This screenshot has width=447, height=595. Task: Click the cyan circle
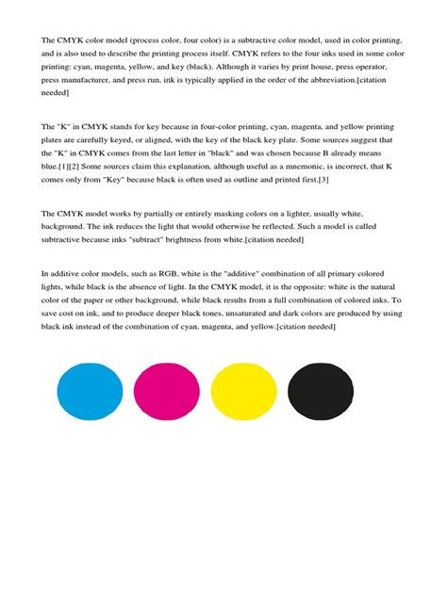[91, 394]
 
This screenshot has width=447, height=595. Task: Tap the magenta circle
[167, 394]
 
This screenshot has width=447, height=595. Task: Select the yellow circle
[243, 394]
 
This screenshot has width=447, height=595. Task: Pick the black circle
[321, 394]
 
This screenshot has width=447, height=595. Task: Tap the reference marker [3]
[323, 179]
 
